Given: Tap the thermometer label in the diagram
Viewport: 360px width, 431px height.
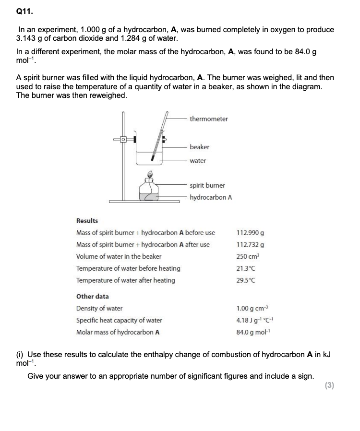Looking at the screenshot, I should click(209, 119).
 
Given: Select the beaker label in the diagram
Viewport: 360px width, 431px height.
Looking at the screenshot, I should click(200, 147).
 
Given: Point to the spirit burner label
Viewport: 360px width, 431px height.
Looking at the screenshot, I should click(207, 185).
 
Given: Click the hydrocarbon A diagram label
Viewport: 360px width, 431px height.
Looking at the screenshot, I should click(211, 197).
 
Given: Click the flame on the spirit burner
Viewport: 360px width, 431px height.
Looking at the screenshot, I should click(150, 174).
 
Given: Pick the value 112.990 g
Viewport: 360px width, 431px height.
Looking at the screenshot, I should click(251, 233).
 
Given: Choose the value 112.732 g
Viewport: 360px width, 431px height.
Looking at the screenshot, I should click(251, 245).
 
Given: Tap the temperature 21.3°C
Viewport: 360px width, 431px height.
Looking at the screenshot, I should click(246, 268).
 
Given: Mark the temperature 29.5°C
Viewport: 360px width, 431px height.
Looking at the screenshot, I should click(246, 280).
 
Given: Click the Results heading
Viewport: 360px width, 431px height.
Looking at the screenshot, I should click(87, 221).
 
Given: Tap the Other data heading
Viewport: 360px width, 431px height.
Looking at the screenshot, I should click(93, 297).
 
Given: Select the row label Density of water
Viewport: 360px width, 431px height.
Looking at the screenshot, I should click(99, 309).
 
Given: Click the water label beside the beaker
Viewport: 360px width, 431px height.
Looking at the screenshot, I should click(198, 161).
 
